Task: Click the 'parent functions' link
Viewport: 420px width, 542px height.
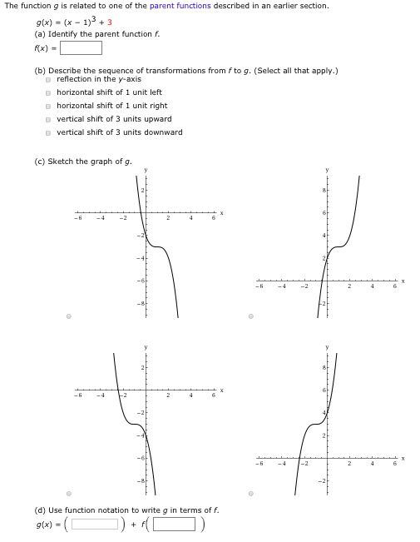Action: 180,6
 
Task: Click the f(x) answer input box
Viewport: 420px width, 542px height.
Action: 81,47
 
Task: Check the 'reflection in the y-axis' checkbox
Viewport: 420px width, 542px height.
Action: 48,79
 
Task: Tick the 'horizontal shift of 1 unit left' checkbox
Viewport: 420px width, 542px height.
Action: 48,92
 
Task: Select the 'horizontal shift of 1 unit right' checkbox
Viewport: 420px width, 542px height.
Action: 48,106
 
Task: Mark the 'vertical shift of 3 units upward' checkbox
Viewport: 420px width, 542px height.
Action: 48,119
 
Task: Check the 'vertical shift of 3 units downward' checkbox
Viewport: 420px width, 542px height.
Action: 48,132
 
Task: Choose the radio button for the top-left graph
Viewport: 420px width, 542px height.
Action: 69,316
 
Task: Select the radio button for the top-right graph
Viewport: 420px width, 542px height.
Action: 250,316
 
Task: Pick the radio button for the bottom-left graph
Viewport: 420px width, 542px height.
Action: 69,494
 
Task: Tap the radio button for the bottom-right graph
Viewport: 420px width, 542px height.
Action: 250,494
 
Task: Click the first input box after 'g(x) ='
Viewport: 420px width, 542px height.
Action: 94,524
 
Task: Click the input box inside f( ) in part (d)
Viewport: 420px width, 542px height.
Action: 173,524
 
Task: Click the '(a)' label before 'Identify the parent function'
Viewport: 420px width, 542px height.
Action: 40,34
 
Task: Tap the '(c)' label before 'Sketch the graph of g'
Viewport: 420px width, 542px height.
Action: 40,161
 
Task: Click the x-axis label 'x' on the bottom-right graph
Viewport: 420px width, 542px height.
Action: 403,458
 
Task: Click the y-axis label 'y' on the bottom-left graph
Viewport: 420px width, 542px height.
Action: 146,346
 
